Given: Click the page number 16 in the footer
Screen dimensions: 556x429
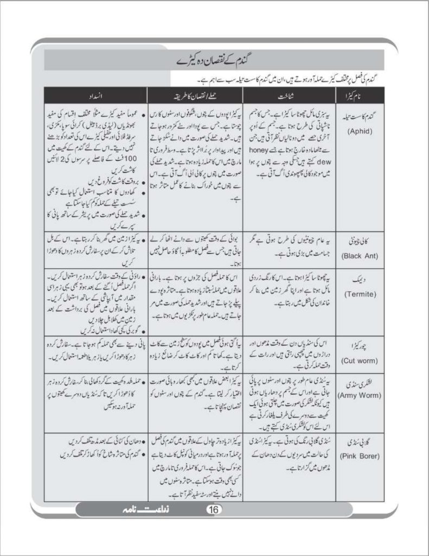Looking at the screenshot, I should tap(213, 509).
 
